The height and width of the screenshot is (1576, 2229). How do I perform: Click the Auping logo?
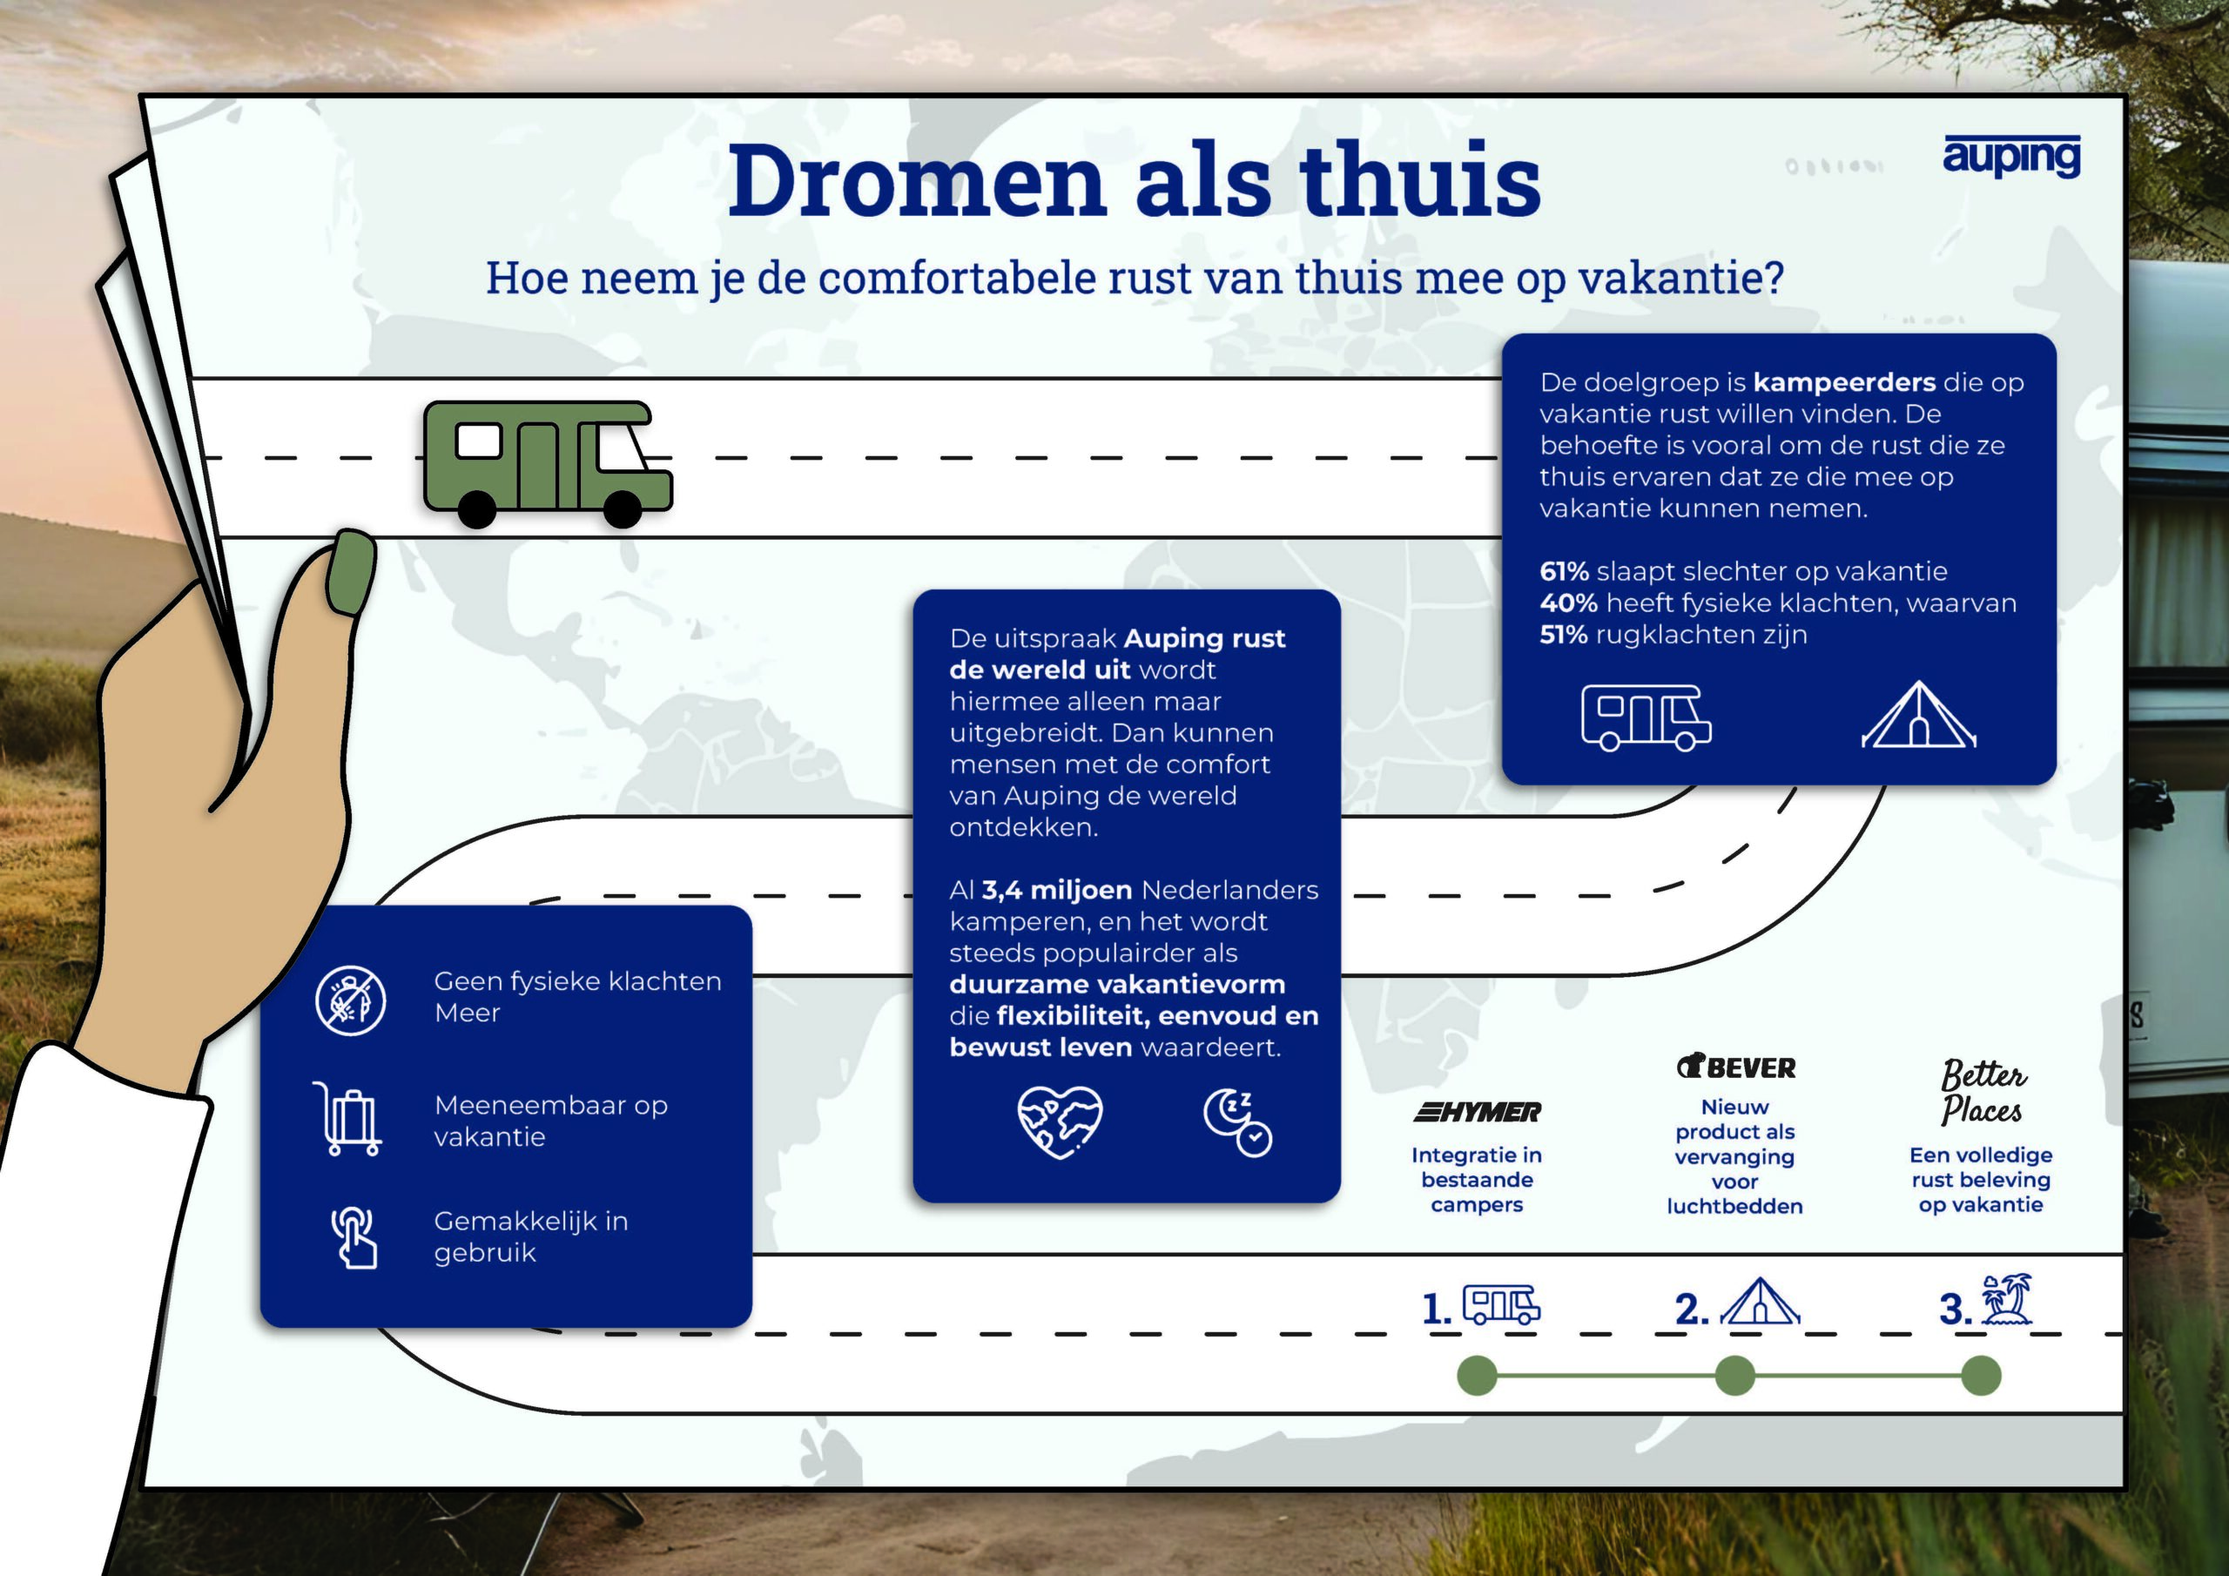[x=2010, y=157]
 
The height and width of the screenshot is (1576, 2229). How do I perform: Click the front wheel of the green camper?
[x=623, y=508]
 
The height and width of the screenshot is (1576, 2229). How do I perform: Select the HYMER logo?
[x=1477, y=1112]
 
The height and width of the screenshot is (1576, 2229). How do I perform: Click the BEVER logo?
[x=1736, y=1068]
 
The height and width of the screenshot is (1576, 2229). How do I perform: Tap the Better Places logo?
[x=1982, y=1092]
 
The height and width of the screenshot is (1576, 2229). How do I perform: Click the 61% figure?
[x=1564, y=571]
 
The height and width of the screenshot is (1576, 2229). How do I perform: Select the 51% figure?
[x=1563, y=634]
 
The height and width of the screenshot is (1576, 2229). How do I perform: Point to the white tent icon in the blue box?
[x=1918, y=716]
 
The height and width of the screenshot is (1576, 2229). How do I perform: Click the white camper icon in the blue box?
[x=1646, y=717]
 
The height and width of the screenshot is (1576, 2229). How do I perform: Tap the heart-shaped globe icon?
[x=1059, y=1121]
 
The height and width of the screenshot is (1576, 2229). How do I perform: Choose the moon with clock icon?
[x=1238, y=1122]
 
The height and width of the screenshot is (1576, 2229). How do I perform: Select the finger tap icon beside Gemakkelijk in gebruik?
[x=354, y=1237]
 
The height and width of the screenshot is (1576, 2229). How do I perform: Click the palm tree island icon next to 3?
[x=2006, y=1300]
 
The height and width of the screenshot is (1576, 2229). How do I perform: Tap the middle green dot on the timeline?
[x=1734, y=1376]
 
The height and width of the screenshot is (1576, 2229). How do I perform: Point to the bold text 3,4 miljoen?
[x=1056, y=891]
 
